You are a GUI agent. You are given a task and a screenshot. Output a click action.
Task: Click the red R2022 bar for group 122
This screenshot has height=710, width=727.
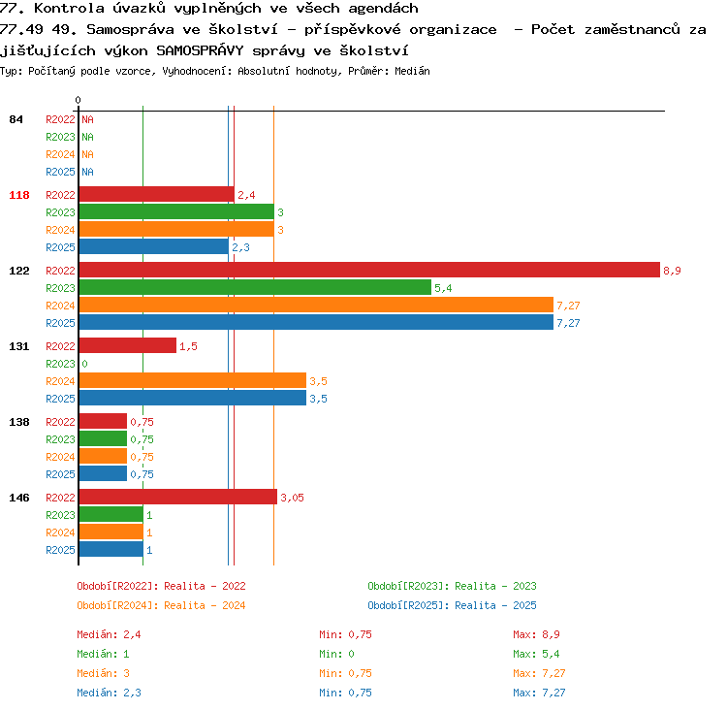[x=369, y=270]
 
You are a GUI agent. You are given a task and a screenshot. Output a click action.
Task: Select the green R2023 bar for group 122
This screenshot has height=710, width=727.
[x=255, y=287]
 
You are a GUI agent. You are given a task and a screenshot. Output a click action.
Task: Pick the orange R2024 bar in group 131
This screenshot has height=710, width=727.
[x=193, y=380]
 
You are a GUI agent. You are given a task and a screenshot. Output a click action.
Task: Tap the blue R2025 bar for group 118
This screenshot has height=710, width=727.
[x=154, y=246]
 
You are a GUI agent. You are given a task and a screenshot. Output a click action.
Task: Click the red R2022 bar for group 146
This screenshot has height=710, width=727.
[x=178, y=497]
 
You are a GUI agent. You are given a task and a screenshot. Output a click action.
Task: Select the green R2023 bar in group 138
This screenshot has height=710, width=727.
[x=103, y=438]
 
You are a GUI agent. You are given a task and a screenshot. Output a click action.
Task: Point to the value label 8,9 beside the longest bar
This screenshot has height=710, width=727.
[x=672, y=271]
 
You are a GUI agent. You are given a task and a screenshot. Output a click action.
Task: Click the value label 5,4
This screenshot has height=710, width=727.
[x=443, y=288]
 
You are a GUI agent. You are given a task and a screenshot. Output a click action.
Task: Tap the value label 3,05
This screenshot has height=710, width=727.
[x=292, y=498]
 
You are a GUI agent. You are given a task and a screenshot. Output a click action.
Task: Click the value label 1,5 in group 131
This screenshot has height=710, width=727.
[x=188, y=346]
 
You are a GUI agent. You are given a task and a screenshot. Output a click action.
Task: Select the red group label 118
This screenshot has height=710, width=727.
[x=19, y=195]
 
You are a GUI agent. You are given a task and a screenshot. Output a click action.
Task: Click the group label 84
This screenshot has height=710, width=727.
[x=16, y=119]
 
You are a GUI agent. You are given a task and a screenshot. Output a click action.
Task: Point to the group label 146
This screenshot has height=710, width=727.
[x=19, y=498]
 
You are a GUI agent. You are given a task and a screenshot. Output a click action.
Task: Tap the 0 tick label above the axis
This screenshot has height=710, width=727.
[x=78, y=100]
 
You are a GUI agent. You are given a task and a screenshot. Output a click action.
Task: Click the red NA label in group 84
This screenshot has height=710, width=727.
[x=87, y=119]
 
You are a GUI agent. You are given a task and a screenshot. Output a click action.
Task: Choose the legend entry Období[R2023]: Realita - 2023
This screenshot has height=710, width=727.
[x=452, y=586]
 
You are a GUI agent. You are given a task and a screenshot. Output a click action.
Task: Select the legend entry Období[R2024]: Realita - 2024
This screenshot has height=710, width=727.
[x=161, y=605]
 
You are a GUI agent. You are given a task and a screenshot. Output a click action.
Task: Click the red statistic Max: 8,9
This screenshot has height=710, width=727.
[x=536, y=634]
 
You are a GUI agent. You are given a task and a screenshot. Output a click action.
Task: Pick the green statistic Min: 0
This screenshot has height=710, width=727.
[x=336, y=654]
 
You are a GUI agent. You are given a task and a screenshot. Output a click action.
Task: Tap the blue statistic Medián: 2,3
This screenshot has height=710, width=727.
[x=109, y=693]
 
